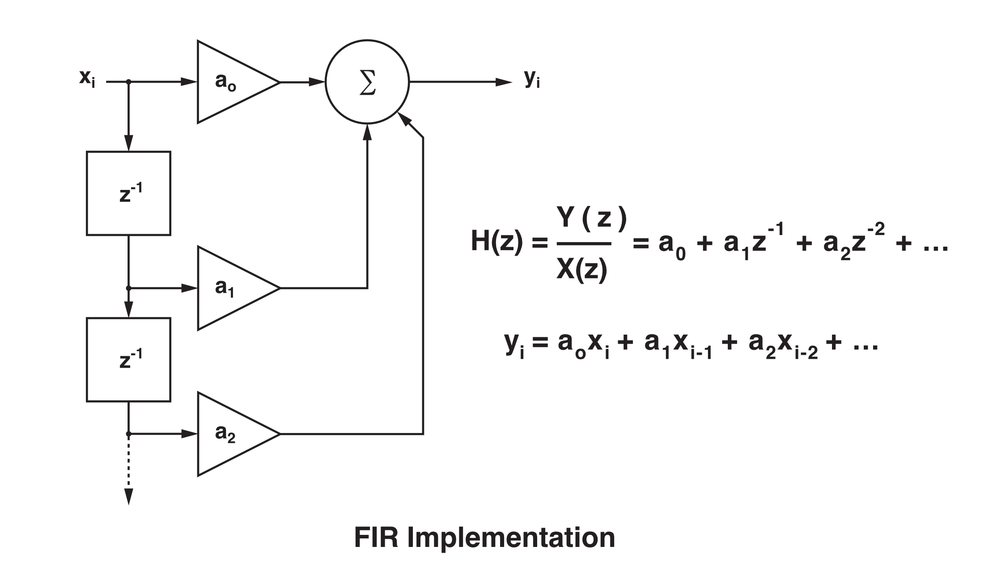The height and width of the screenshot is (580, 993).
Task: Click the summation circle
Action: click(x=367, y=82)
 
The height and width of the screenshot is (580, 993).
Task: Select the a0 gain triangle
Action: click(x=230, y=82)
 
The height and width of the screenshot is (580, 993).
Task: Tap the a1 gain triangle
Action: click(x=230, y=288)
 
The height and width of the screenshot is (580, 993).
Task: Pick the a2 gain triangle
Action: click(x=230, y=434)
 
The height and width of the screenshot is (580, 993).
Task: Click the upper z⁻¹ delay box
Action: click(x=128, y=193)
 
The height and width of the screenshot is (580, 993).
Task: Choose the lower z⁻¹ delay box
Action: click(x=128, y=360)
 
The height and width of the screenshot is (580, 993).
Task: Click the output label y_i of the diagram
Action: click(x=532, y=79)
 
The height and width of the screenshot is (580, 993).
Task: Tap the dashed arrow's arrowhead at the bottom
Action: click(x=128, y=496)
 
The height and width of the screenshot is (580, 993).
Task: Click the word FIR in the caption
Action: click(x=376, y=538)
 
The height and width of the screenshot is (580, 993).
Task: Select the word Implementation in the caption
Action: click(x=511, y=538)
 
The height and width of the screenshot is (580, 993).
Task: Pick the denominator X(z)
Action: click(x=581, y=269)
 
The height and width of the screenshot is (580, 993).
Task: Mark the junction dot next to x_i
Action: click(x=129, y=82)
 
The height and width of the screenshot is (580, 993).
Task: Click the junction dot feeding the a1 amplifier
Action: click(x=129, y=288)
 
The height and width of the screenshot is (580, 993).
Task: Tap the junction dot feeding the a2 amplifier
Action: click(x=129, y=434)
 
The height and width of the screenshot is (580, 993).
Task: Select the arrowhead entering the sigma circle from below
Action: click(x=367, y=132)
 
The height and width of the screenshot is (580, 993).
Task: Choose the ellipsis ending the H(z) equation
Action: click(x=935, y=247)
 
